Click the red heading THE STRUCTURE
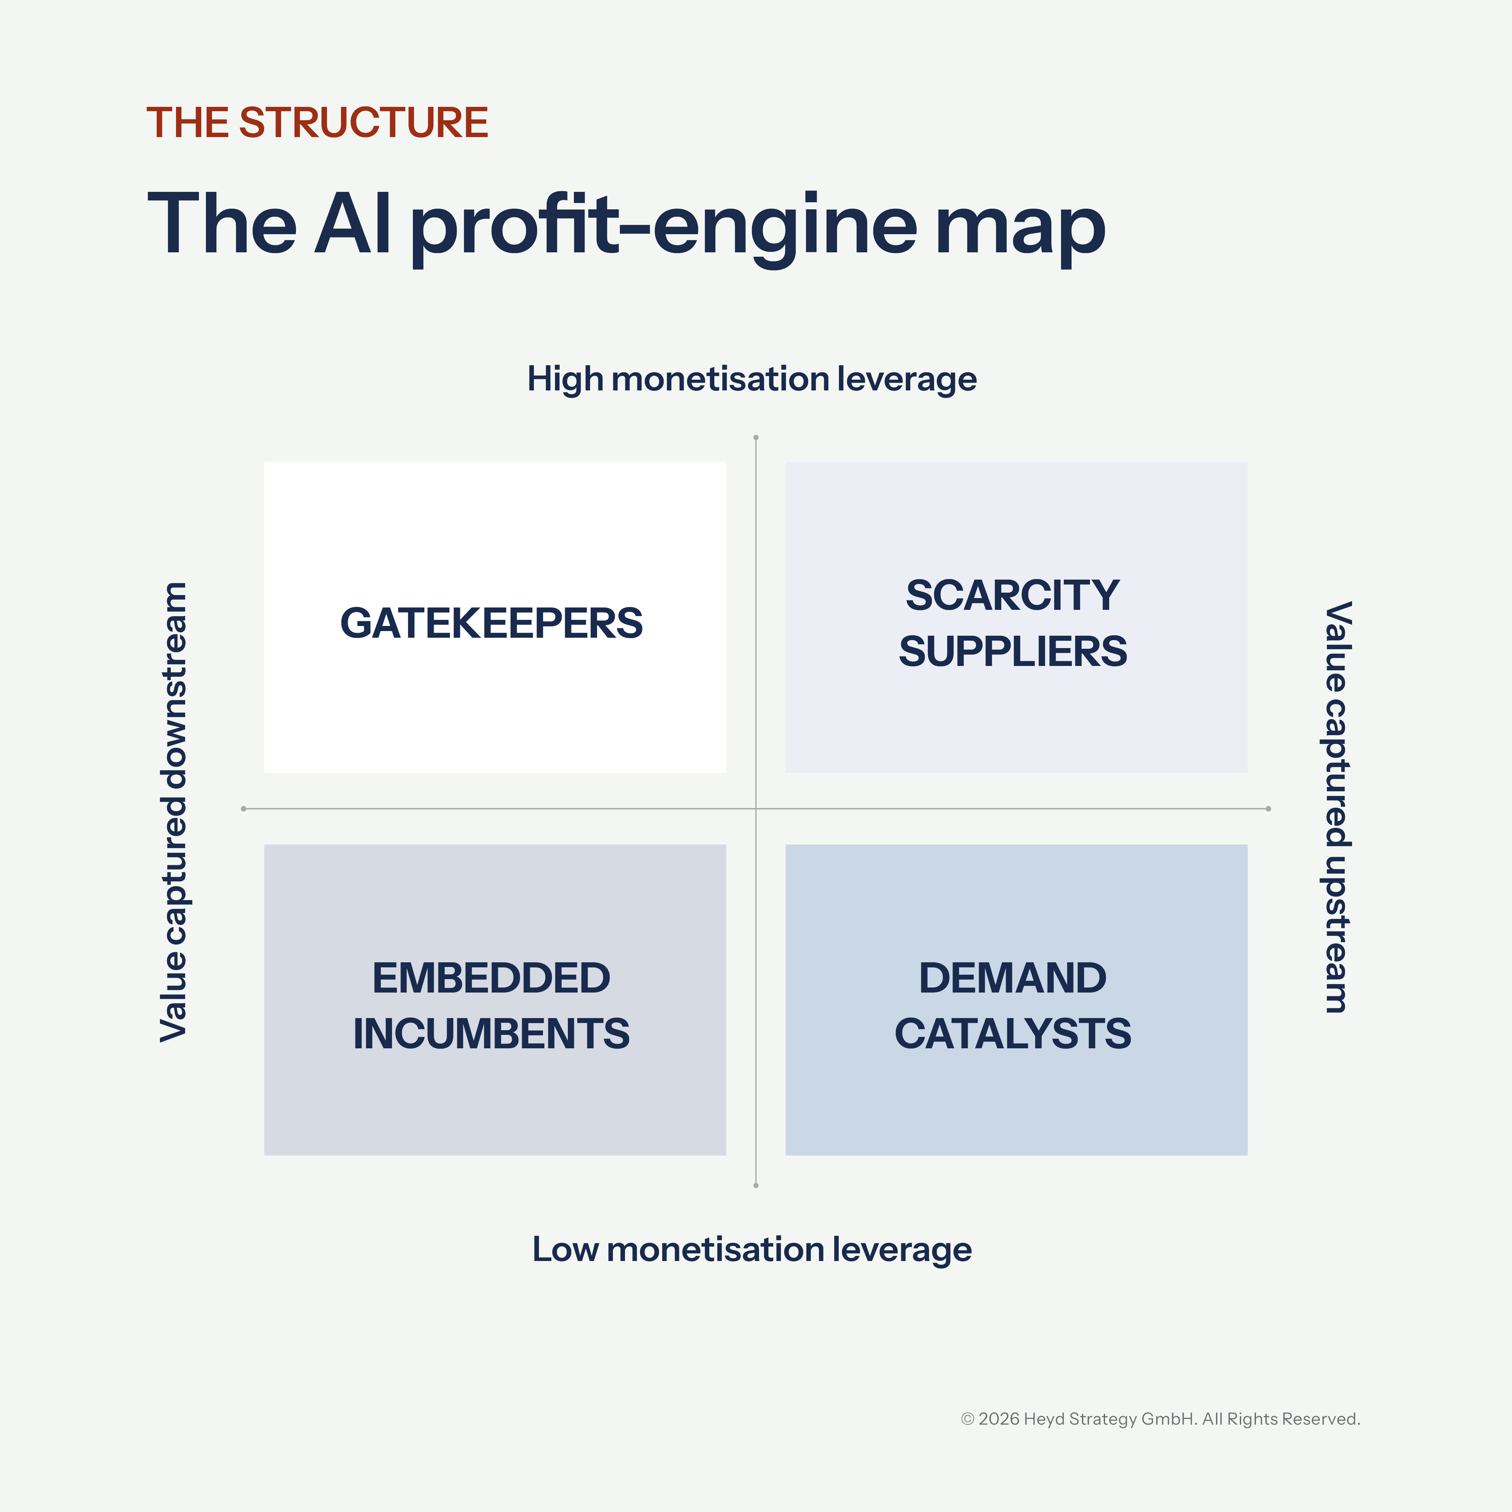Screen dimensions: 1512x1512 coord(317,123)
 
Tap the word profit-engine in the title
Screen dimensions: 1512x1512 coord(663,224)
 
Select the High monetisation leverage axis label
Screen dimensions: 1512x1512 coord(751,379)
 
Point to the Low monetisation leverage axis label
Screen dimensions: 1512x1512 coord(751,1249)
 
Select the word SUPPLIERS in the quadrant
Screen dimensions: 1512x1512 coord(1013,651)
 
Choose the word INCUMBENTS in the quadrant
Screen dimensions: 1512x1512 coord(492,1034)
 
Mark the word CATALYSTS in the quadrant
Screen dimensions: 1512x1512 coord(1013,1034)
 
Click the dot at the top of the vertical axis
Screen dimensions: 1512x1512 coord(756,437)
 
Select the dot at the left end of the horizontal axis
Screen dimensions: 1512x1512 coord(244,808)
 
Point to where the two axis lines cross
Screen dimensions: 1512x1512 coord(756,808)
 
